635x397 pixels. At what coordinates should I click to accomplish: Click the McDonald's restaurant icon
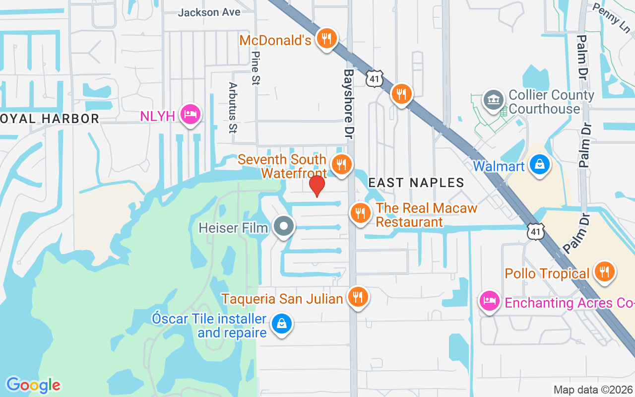[x=326, y=38]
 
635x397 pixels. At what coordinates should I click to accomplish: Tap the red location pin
[x=317, y=186]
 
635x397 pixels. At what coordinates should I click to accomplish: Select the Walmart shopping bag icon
[x=539, y=164]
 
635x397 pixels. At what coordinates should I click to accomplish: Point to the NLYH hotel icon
[x=190, y=115]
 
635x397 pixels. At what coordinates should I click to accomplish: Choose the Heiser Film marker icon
[x=284, y=226]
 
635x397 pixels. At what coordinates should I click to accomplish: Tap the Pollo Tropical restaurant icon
[x=604, y=271]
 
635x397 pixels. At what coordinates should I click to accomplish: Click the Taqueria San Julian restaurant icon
[x=357, y=297]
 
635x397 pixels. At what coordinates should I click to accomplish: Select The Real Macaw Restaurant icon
[x=360, y=213]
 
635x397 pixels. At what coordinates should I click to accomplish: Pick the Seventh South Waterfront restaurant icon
[x=341, y=164]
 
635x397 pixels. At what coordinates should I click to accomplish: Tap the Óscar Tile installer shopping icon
[x=281, y=324]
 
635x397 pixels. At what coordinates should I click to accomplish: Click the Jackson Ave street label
[x=209, y=12]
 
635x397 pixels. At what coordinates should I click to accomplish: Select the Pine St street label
[x=256, y=68]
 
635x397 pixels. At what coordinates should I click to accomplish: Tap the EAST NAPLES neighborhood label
[x=416, y=183]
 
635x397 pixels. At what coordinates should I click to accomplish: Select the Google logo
[x=33, y=385]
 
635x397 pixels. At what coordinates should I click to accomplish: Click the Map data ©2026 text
[x=593, y=390]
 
